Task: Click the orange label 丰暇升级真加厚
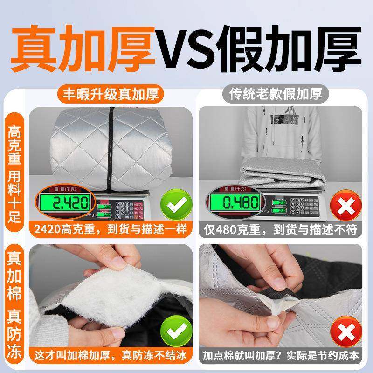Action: click(x=108, y=94)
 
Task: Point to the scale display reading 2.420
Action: click(x=67, y=204)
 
